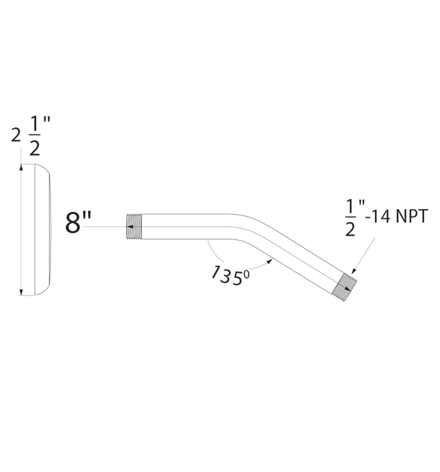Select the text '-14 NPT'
(x=396, y=217)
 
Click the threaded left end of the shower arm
(x=134, y=227)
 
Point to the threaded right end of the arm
(x=344, y=287)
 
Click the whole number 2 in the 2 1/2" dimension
(x=16, y=135)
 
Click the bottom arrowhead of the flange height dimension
(x=21, y=292)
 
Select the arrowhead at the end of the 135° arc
(x=269, y=261)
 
